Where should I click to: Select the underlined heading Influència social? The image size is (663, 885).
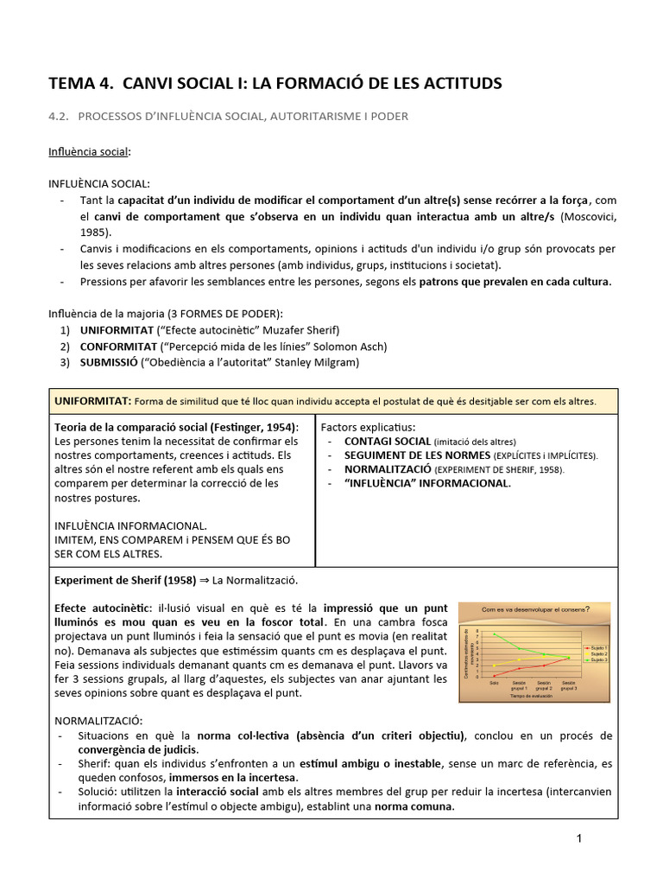(x=89, y=152)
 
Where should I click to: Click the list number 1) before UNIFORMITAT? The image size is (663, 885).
(x=65, y=330)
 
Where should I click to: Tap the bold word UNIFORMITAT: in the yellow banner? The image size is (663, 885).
(x=92, y=401)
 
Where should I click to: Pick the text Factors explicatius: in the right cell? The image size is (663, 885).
(x=368, y=427)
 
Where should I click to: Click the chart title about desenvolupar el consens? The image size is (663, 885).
(x=535, y=608)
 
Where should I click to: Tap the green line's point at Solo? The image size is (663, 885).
(x=495, y=634)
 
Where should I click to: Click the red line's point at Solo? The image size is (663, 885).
(x=495, y=675)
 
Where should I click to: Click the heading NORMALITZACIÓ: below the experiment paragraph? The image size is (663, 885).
(x=98, y=720)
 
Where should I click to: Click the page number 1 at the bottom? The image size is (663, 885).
(x=580, y=838)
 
